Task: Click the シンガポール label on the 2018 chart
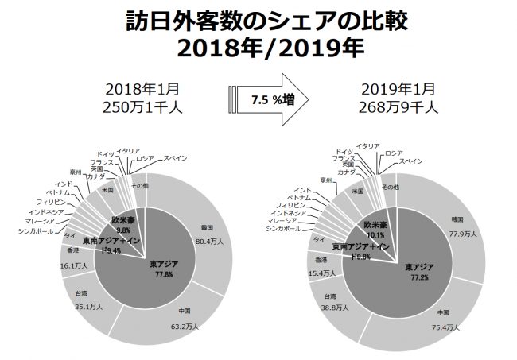coord(37,231)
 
